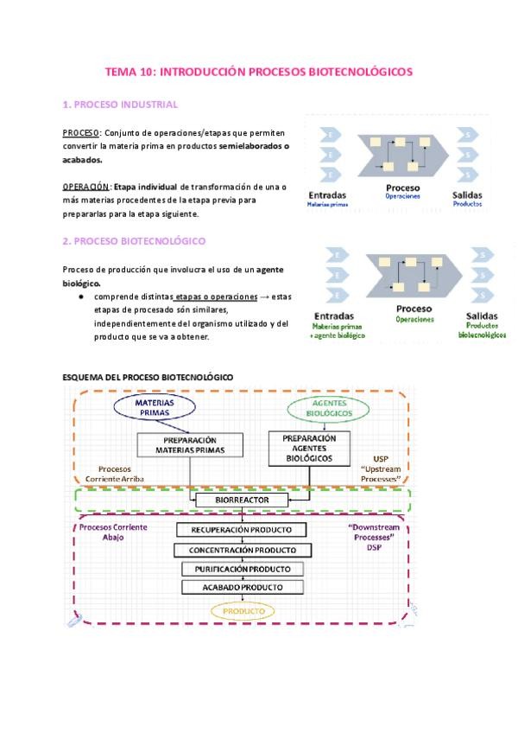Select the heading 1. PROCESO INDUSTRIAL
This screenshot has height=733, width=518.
click(121, 105)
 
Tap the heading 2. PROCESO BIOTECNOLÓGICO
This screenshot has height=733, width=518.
click(134, 241)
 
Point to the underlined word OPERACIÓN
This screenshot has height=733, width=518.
click(86, 187)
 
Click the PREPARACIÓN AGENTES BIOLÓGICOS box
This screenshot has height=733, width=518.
click(315, 449)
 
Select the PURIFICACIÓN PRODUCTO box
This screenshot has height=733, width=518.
click(242, 569)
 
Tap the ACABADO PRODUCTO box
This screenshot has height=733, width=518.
click(243, 588)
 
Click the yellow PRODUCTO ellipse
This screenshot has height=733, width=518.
click(243, 611)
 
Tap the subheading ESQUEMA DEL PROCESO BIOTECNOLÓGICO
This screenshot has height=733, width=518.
click(148, 377)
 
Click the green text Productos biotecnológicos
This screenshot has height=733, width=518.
click(482, 330)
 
